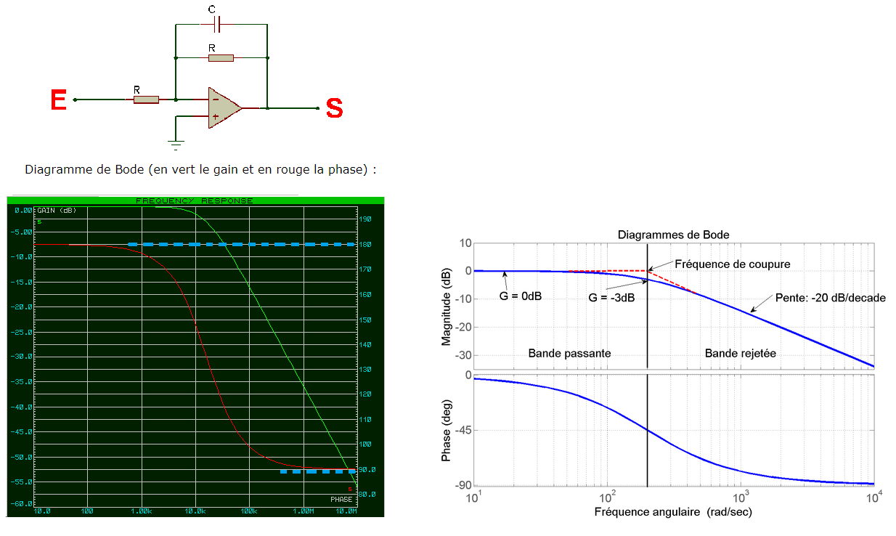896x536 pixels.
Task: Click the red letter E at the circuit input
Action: pos(59,100)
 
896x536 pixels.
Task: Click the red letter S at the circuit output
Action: pos(334,108)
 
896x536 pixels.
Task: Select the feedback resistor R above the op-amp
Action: pos(221,57)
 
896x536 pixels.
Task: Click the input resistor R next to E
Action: pos(146,100)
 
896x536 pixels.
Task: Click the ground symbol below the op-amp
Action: pos(176,142)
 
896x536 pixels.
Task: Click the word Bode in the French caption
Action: pos(128,170)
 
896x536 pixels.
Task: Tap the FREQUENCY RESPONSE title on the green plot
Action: pos(195,200)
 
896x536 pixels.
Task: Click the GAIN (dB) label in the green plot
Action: pos(57,210)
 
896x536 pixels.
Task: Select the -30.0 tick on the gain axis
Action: pos(23,357)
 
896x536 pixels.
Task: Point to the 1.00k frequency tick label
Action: pos(142,511)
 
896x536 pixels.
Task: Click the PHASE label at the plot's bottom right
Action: pos(341,499)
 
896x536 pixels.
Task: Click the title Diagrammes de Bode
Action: pos(673,235)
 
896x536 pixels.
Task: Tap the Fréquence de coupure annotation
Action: pos(732,264)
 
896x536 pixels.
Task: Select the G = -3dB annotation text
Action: pos(611,297)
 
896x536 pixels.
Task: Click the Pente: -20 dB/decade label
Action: pos(820,298)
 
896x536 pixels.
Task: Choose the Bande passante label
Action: pos(569,353)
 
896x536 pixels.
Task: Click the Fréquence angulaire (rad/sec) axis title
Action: pos(673,513)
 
